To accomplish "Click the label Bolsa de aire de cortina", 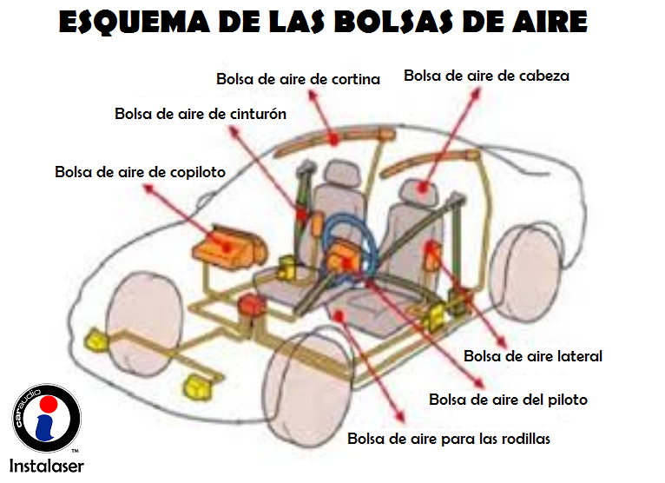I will (298, 79).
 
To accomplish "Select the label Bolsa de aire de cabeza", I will (486, 76).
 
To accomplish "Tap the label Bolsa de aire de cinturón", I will (201, 114).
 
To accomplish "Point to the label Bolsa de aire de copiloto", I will (140, 172).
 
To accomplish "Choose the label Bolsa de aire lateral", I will (532, 356).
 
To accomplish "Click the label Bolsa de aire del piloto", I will (508, 400).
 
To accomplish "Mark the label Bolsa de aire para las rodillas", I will (449, 438).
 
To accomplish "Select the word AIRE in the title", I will (545, 21).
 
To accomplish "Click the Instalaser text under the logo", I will (47, 465).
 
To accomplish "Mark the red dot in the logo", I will (49, 406).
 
